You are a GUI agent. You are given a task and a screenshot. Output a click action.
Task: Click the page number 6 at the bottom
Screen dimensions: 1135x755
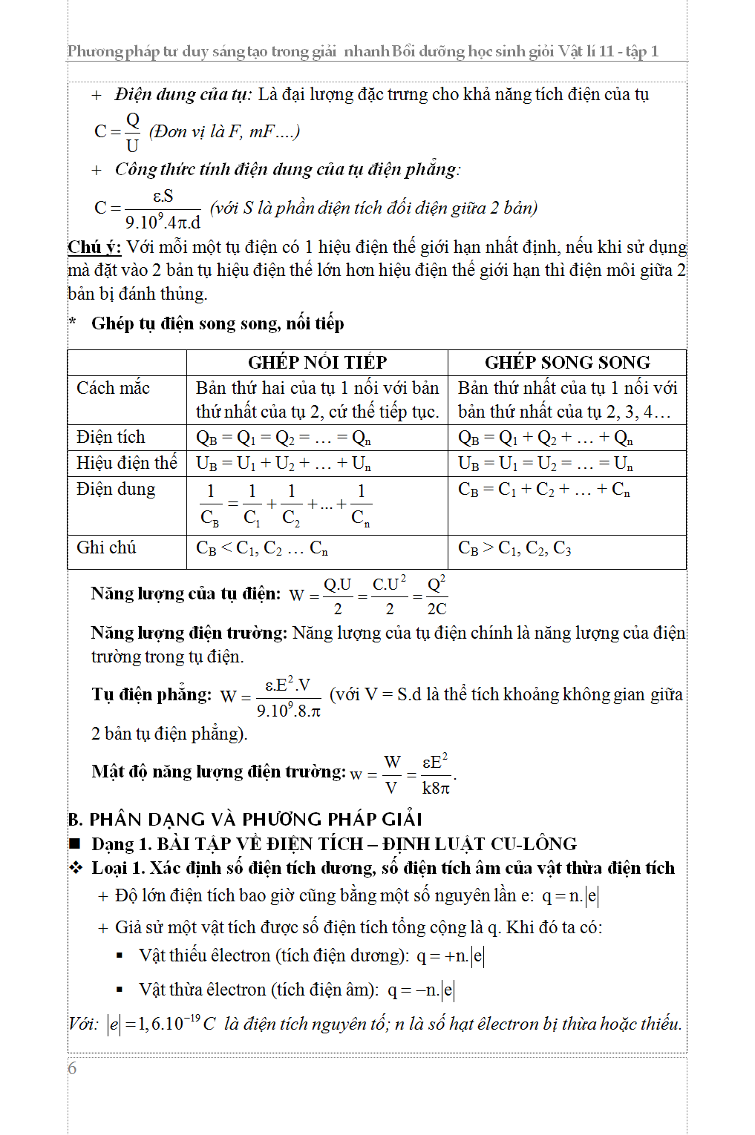[72, 1068]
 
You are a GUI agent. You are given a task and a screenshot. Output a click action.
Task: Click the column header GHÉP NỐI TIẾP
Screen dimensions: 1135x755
[317, 362]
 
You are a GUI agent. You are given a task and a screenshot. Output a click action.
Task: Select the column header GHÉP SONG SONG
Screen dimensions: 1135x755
[567, 362]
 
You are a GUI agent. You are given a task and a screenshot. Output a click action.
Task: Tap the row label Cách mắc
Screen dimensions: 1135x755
[113, 388]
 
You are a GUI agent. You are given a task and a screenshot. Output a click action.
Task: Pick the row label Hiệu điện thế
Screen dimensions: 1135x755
[126, 463]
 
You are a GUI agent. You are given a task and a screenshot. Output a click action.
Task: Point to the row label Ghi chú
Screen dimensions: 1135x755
[106, 547]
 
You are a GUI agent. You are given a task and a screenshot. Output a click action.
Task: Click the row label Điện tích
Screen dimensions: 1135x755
[111, 437]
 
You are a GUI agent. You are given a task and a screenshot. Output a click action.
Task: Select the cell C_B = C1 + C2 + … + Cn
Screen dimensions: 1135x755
[543, 490]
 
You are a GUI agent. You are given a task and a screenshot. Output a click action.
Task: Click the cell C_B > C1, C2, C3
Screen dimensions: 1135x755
[514, 548]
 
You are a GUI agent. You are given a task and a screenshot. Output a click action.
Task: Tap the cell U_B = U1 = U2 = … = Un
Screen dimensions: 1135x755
[545, 464]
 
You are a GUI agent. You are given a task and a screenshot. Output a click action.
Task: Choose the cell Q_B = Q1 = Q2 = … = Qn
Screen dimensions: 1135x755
[283, 438]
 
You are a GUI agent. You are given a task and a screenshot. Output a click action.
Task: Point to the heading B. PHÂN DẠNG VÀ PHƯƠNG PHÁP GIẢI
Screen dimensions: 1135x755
[245, 819]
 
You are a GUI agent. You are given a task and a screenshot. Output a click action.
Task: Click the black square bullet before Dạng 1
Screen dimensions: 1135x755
[75, 843]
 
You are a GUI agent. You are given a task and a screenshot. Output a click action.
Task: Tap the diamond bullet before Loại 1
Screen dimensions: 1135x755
[76, 868]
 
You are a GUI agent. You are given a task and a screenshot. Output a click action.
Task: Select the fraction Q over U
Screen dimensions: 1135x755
[132, 132]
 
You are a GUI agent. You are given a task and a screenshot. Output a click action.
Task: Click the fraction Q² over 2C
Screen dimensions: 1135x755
[437, 596]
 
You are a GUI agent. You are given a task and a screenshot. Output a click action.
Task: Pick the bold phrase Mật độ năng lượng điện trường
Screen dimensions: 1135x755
[218, 772]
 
